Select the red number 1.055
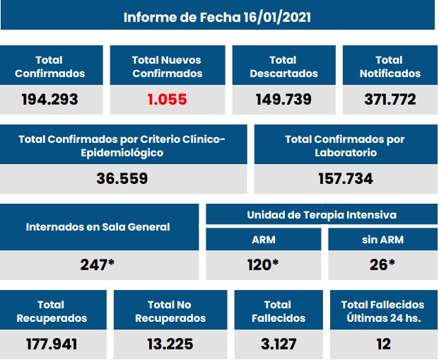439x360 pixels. tap(168, 100)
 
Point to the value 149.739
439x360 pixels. tap(283, 100)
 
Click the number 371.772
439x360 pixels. tap(390, 100)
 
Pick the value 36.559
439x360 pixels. tap(122, 179)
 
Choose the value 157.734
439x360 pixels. tap(344, 179)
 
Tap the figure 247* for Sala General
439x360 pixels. tap(98, 265)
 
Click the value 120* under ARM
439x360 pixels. tap(264, 265)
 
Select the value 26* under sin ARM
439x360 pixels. tap(383, 265)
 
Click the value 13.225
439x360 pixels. tap(170, 344)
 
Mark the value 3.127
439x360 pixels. tap(278, 344)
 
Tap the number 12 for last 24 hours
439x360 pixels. tap(382, 344)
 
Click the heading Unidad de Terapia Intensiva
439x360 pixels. tap(321, 215)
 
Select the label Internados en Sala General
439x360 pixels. tap(98, 227)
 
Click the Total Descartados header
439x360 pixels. tap(283, 66)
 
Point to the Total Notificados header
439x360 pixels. tap(390, 66)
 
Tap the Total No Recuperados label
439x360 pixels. tap(170, 311)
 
